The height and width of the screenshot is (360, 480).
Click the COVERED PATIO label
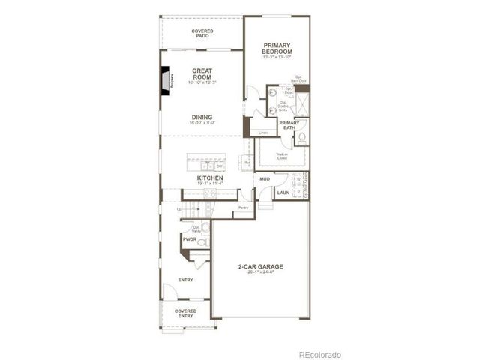click(202, 33)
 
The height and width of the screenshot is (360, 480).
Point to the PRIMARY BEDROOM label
click(277, 48)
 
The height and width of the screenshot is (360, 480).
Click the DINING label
click(202, 118)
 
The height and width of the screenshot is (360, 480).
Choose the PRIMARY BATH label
click(290, 125)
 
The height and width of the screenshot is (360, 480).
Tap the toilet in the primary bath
click(301, 138)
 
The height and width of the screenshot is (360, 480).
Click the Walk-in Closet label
click(282, 157)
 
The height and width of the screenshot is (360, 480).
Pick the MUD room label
click(265, 180)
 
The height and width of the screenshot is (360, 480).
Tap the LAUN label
click(283, 193)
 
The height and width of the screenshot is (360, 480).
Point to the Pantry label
click(243, 208)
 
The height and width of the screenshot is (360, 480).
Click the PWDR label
click(189, 239)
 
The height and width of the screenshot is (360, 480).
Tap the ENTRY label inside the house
click(185, 280)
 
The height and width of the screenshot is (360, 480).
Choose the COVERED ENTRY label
click(185, 313)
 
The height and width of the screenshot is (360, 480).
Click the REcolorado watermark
click(319, 353)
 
